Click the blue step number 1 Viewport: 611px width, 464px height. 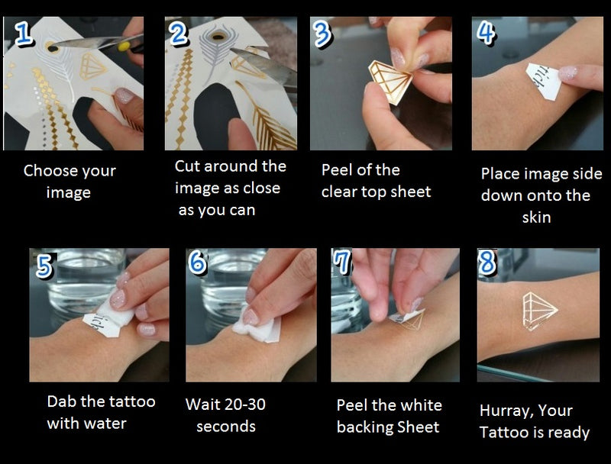[24, 33]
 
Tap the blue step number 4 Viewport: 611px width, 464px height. [486, 33]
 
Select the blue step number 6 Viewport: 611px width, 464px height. [198, 262]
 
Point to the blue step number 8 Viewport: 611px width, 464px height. [487, 262]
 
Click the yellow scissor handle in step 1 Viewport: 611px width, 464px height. [124, 47]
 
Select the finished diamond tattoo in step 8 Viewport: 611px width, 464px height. [539, 311]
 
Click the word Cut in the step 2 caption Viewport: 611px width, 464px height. [187, 166]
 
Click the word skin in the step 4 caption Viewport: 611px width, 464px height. [537, 217]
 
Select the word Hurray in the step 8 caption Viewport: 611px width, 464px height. [506, 411]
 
